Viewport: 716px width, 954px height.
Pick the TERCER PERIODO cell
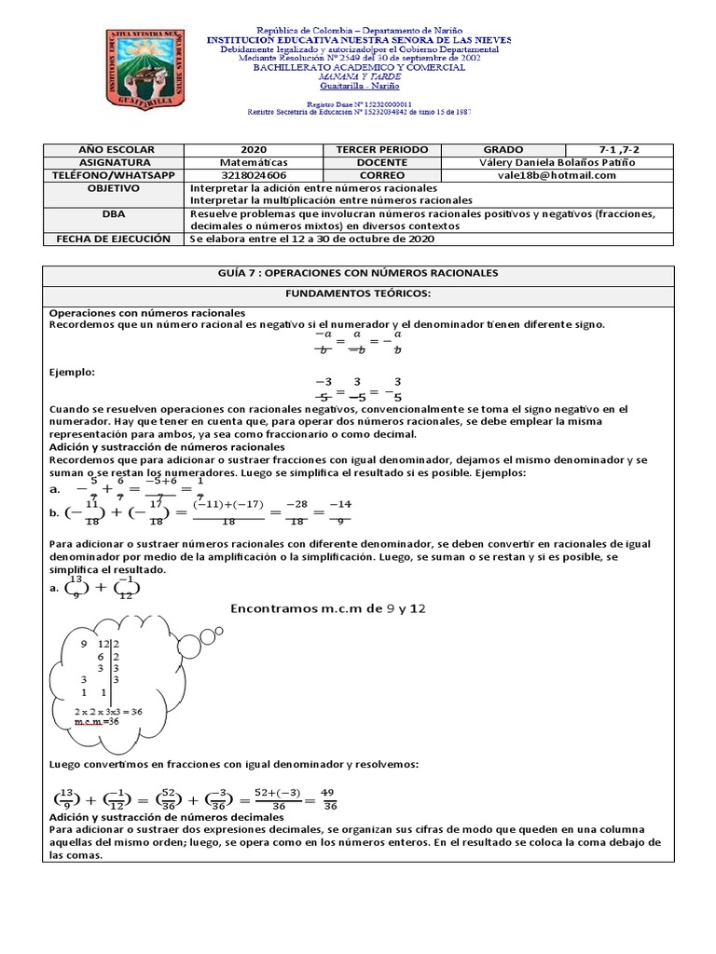pos(382,149)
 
